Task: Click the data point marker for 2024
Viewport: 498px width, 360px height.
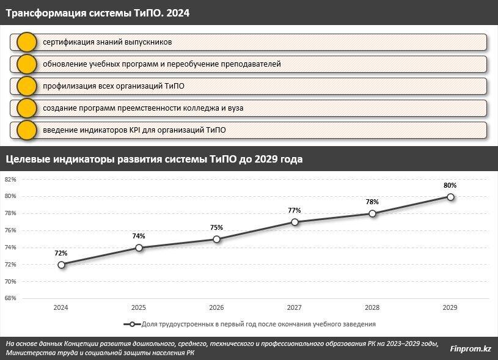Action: (61, 265)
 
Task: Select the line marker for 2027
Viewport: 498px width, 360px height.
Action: (295, 222)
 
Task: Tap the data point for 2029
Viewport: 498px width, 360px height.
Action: (450, 197)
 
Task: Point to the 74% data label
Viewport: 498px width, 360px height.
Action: (139, 236)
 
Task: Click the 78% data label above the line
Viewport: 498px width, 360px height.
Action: (372, 202)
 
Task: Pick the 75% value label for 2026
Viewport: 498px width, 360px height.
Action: (216, 227)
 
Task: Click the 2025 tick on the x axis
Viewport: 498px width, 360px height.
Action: (139, 308)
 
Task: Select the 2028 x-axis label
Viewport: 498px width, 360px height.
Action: (372, 308)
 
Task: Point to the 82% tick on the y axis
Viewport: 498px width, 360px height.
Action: (10, 180)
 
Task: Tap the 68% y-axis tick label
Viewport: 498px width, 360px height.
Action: (10, 299)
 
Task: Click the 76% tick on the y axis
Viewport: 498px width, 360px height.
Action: (10, 230)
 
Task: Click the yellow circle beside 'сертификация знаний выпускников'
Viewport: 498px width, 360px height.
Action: (26, 43)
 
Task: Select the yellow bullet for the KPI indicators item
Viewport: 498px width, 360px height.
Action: (26, 130)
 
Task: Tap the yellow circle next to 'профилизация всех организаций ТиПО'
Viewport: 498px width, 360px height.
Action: (26, 86)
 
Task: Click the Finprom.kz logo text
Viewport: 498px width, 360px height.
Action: (471, 348)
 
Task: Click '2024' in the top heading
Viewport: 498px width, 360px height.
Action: (178, 12)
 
